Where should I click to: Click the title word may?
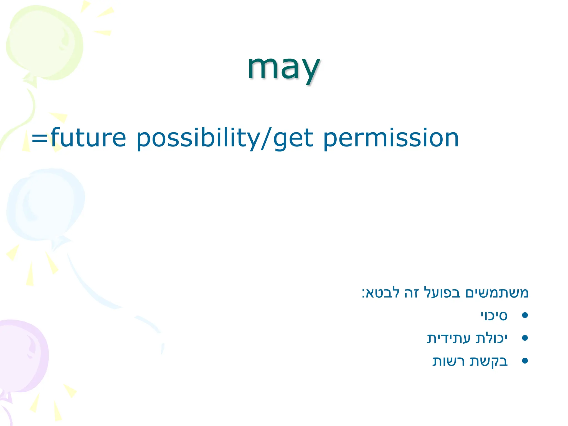click(x=283, y=68)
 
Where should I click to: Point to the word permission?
click(x=391, y=138)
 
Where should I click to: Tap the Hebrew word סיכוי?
click(x=494, y=316)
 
